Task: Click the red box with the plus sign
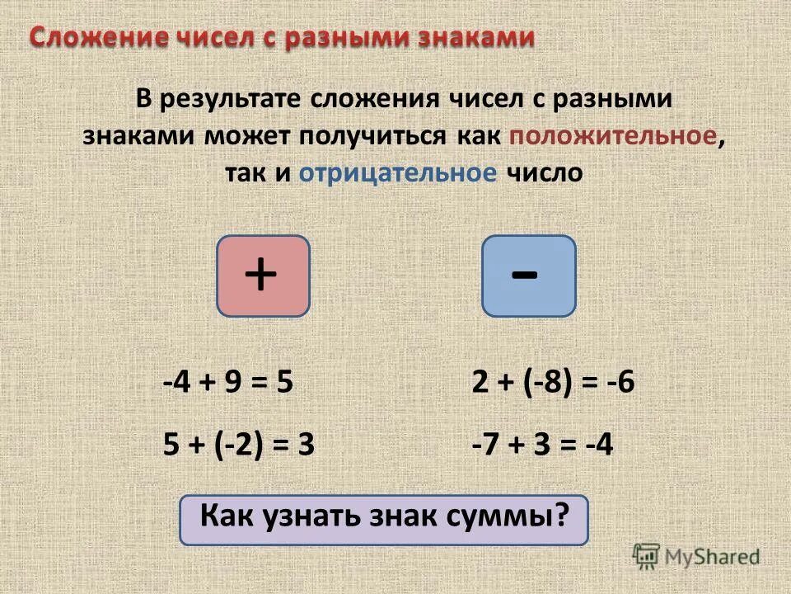pyautogui.click(x=263, y=276)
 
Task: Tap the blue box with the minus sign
pyautogui.click(x=528, y=276)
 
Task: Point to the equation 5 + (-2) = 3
pyautogui.click(x=239, y=445)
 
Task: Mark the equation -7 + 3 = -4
pyautogui.click(x=542, y=445)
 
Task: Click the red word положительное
pyautogui.click(x=611, y=136)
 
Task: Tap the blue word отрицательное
pyautogui.click(x=398, y=173)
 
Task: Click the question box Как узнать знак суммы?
pyautogui.click(x=384, y=519)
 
